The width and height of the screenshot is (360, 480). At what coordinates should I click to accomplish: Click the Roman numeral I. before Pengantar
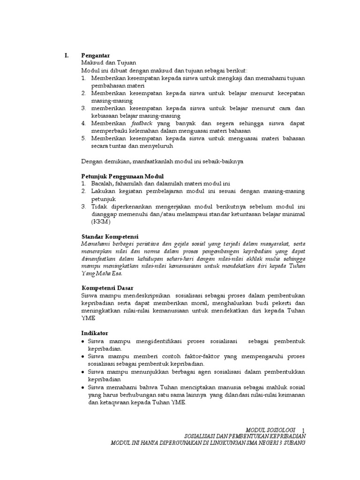click(x=67, y=55)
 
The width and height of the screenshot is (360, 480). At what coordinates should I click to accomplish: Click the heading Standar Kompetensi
click(x=110, y=236)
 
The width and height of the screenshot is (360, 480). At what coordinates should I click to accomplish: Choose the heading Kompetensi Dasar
click(x=107, y=287)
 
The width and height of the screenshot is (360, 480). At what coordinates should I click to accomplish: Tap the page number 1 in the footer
click(x=303, y=430)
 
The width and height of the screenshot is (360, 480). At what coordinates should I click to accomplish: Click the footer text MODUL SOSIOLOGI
click(x=271, y=429)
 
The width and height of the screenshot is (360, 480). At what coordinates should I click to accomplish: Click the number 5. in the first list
click(x=84, y=138)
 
